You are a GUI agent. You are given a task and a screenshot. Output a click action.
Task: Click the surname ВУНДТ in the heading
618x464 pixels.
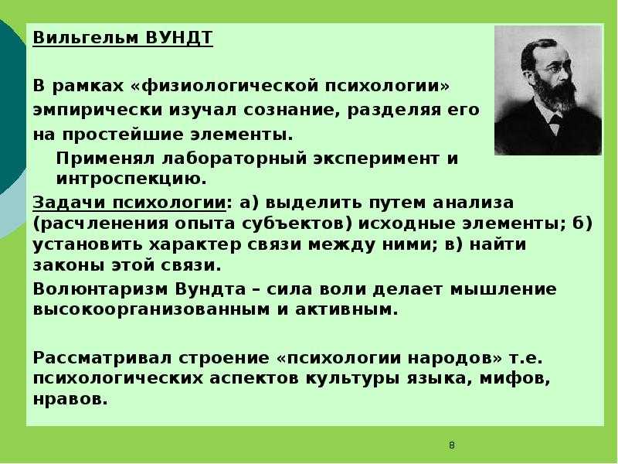pyautogui.click(x=179, y=38)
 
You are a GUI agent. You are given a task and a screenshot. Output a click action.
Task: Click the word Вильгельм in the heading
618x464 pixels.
pyautogui.click(x=86, y=38)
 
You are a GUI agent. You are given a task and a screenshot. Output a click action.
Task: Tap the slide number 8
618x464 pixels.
pyautogui.click(x=452, y=445)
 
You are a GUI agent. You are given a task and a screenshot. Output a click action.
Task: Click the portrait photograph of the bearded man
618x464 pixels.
pyautogui.click(x=548, y=90)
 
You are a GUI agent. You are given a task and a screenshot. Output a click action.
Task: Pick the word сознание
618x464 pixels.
pyautogui.click(x=292, y=110)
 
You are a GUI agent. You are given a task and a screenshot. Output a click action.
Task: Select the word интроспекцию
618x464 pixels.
pyautogui.click(x=131, y=179)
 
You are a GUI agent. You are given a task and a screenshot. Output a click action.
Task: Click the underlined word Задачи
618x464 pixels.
pyautogui.click(x=70, y=203)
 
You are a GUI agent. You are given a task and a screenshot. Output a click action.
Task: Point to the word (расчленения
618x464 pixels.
pyautogui.click(x=100, y=223)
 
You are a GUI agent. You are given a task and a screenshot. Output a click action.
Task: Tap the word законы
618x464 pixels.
pyautogui.click(x=68, y=265)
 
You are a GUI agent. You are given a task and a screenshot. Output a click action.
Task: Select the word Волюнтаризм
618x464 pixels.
pyautogui.click(x=100, y=289)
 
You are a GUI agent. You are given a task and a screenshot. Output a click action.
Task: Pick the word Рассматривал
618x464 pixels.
pyautogui.click(x=102, y=358)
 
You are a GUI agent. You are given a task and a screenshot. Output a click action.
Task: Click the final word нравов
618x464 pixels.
pyautogui.click(x=70, y=399)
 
